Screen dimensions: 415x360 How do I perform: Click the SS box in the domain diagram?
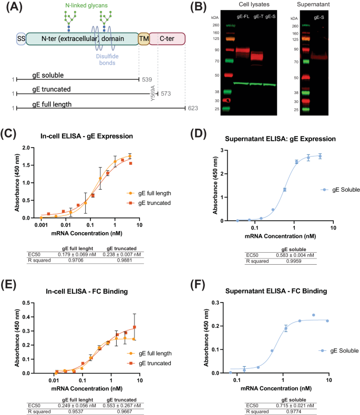coord(21,38)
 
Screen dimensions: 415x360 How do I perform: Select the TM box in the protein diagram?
coord(143,38)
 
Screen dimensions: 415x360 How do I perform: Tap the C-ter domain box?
coord(167,38)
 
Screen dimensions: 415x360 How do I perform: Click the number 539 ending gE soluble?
coord(147,79)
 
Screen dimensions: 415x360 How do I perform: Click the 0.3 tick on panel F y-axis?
coord(214,303)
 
